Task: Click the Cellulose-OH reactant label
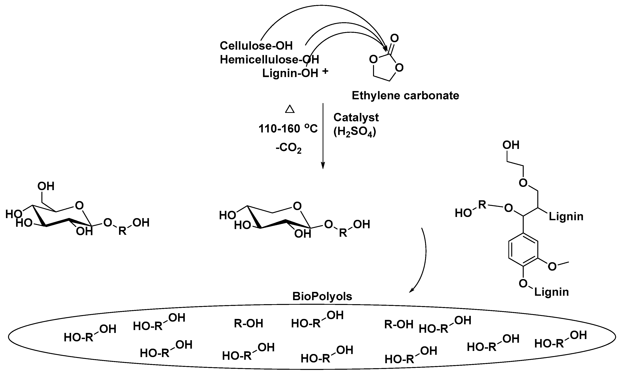click(256, 46)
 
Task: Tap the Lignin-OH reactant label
click(290, 73)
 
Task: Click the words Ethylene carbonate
click(405, 96)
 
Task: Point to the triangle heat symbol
click(290, 109)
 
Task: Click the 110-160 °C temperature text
click(288, 129)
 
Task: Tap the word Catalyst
click(356, 117)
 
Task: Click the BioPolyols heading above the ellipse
click(322, 296)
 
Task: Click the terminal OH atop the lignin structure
click(511, 145)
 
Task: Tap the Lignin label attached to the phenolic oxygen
click(551, 292)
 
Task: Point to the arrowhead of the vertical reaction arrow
click(323, 166)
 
